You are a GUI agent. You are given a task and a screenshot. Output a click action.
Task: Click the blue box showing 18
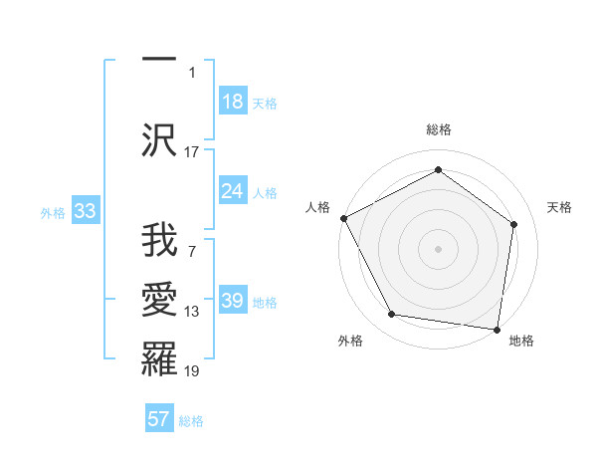[x=233, y=102]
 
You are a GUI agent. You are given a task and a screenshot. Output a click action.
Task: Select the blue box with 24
[x=233, y=191]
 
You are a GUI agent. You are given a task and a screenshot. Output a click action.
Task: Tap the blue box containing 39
[x=233, y=301]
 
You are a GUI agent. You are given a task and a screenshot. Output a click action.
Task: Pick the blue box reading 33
[x=85, y=212]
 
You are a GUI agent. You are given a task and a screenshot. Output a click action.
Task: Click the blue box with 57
[x=159, y=419]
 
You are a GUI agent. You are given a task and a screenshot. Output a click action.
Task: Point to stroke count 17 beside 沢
[x=192, y=151]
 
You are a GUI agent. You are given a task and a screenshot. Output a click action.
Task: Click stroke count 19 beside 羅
[x=192, y=371]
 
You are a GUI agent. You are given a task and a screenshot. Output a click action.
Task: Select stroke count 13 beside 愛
[x=192, y=312]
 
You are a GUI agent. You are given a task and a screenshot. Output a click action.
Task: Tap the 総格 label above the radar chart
[x=438, y=129]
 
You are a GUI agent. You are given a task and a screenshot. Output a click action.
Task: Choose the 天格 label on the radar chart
[x=560, y=207]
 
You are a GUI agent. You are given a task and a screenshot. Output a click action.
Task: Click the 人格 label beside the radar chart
[x=317, y=207]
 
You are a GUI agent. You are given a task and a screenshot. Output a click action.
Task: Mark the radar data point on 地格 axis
[x=497, y=329]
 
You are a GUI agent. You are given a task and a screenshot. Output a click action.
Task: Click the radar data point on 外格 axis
[x=391, y=315]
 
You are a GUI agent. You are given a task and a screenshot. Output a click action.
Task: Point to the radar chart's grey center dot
[x=438, y=248]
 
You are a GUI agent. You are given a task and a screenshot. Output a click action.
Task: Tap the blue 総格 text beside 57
[x=191, y=421]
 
